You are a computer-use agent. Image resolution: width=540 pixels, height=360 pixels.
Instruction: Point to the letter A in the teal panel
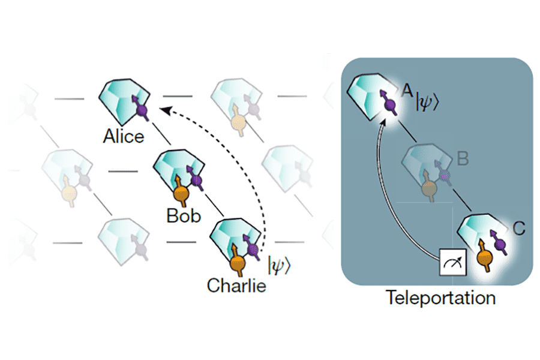point(407,90)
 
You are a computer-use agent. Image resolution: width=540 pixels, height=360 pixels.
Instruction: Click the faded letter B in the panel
point(463,160)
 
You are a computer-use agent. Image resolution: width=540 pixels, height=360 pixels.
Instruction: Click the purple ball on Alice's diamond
point(142,111)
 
